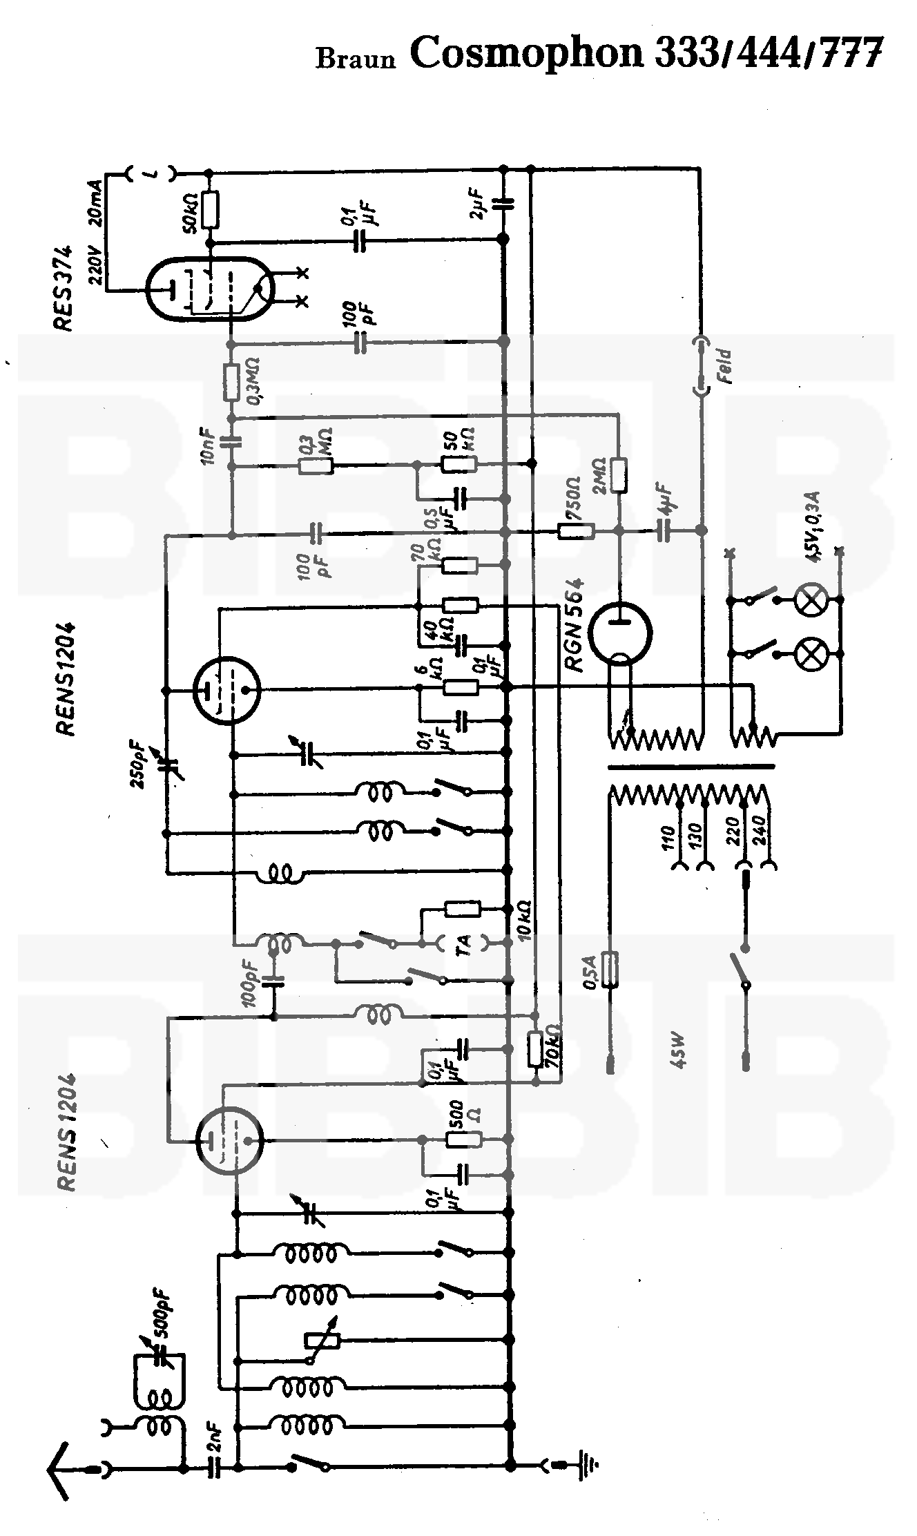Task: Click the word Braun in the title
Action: coord(356,59)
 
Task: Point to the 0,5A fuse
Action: coord(610,969)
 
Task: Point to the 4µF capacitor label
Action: coord(666,498)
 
